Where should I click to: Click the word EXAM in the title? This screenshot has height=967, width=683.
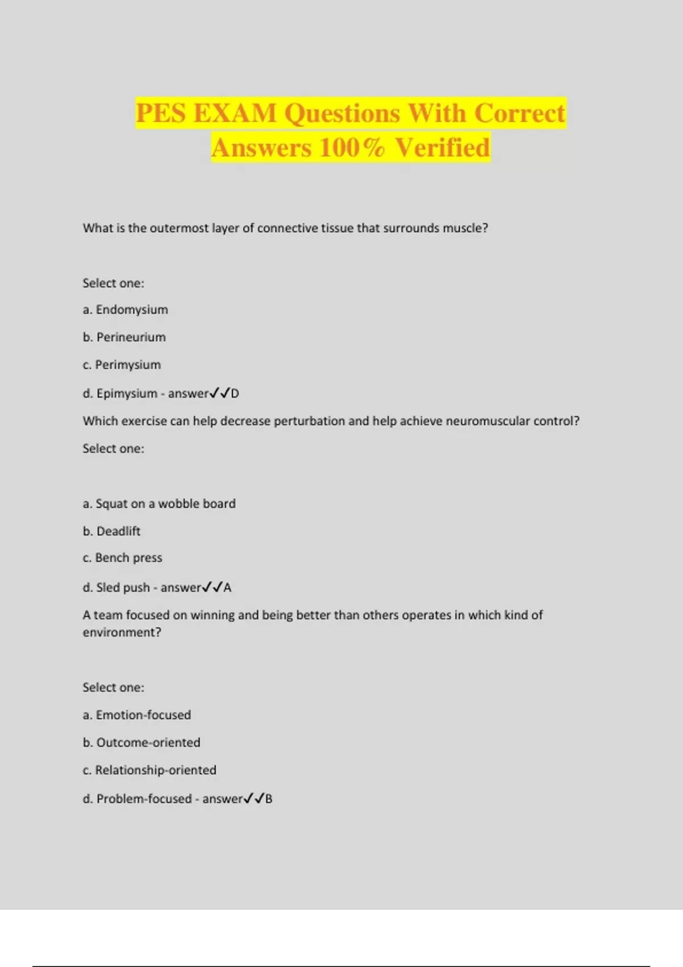point(234,113)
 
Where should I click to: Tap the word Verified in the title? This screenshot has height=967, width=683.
point(442,148)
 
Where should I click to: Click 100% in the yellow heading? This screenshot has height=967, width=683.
point(351,148)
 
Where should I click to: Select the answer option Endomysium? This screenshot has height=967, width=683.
point(131,309)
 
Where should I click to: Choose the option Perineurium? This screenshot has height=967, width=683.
point(131,337)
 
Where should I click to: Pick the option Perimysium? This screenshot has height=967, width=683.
point(127,365)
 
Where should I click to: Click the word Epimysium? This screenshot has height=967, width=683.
point(126,394)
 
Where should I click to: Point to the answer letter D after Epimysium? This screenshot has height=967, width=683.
point(235,394)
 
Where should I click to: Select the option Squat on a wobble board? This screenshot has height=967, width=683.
point(165,503)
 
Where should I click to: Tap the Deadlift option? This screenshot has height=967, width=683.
point(118,531)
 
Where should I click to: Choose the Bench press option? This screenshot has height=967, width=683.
point(128,558)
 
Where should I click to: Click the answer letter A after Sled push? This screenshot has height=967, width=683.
point(228,588)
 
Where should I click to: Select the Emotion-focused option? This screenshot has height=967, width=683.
point(143,715)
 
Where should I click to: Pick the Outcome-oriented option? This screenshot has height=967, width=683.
point(148,742)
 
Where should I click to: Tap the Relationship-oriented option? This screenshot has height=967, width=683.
point(155,770)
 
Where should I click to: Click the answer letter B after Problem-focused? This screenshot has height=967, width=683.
point(269,799)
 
